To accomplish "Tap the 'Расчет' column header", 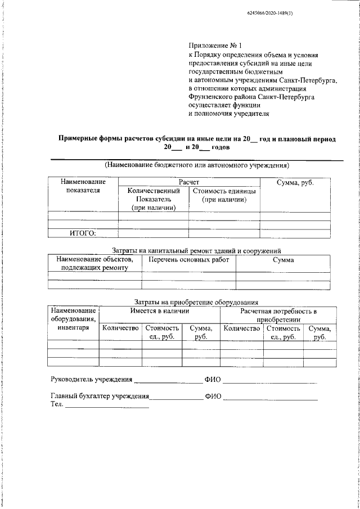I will pos(189,183).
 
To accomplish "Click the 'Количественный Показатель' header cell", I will pos(153,199).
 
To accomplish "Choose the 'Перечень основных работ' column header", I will pos(188,260).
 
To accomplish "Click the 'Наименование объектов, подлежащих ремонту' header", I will pos(94,264).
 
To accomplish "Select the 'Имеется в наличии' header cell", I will pos(159,310).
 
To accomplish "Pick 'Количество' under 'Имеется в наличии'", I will pos(120,328).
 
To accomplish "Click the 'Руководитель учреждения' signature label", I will pos(91,379).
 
